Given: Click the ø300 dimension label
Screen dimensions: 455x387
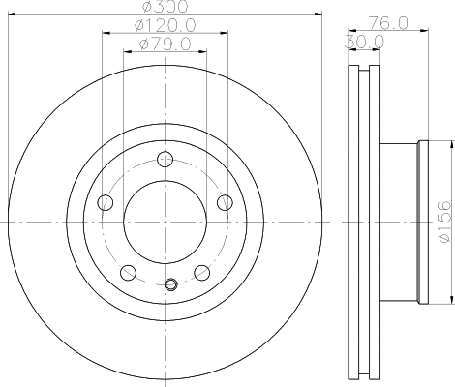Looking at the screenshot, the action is coord(165,7).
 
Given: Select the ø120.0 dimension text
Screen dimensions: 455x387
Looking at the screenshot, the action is coord(165,25).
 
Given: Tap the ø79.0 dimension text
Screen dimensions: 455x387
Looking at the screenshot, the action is coord(165,44).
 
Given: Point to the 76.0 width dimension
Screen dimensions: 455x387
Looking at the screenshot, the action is coord(389,23).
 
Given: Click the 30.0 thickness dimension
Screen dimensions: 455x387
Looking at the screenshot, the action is coord(365,42).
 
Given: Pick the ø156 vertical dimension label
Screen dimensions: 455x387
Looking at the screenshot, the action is coord(444,222).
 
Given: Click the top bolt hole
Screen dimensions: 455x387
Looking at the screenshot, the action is coord(165,159).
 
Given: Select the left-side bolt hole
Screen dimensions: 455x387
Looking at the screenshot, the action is coord(106,203).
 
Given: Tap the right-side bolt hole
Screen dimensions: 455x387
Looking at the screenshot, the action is coord(225,203).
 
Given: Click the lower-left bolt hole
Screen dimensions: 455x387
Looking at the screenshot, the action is coord(128,273).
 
